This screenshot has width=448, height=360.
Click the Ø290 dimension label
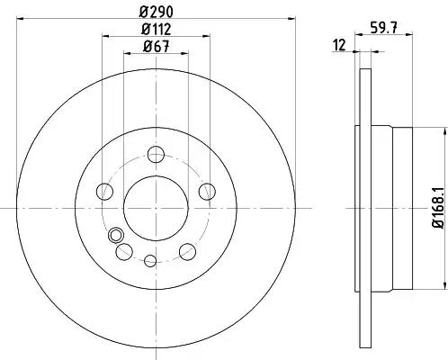[157, 12]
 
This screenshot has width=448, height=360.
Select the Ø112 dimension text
[157, 30]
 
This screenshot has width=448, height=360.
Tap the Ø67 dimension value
[157, 47]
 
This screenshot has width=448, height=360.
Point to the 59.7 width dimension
[384, 29]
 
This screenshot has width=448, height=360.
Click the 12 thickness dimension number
[340, 45]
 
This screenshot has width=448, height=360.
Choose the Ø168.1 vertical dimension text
[438, 208]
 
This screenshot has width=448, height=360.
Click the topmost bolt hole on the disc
[157, 154]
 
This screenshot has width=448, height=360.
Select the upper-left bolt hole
[104, 191]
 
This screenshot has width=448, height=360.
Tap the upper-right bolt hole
[208, 191]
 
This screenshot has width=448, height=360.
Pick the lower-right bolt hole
[188, 251]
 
